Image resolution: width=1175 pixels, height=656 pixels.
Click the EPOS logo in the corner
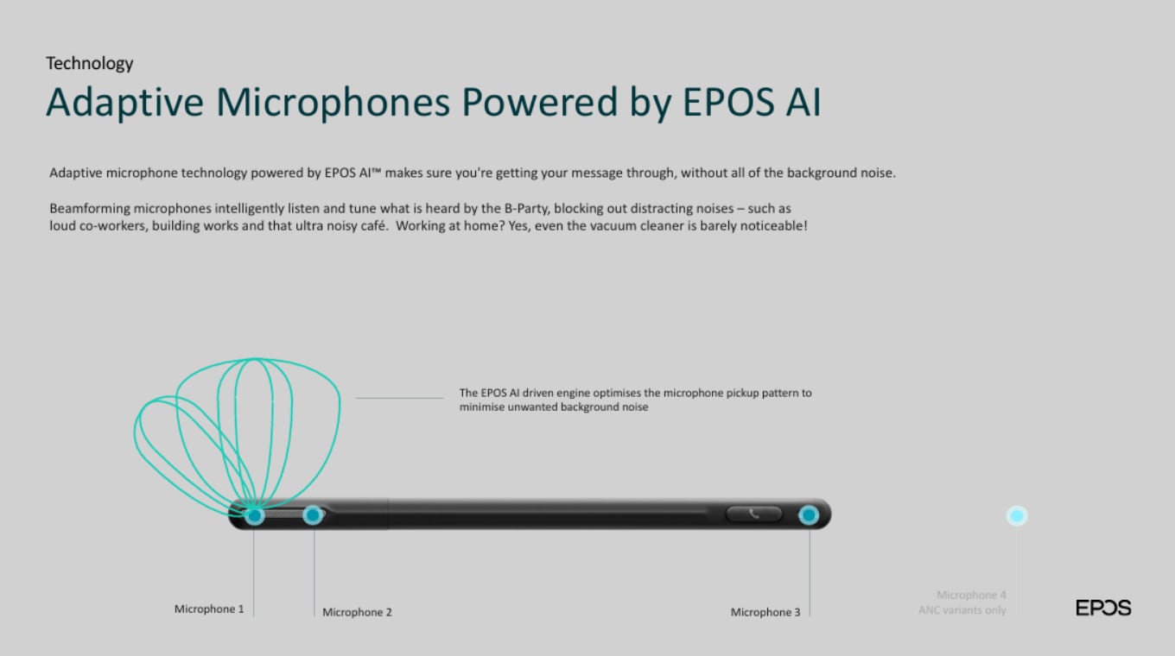click(x=1103, y=608)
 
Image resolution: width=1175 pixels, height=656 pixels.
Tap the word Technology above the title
click(x=89, y=63)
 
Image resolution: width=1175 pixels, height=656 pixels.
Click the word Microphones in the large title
click(x=333, y=102)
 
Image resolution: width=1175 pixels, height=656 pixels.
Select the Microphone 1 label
click(x=209, y=609)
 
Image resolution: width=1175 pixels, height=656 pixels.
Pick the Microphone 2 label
click(x=357, y=612)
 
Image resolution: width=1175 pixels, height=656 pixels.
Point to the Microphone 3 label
click(x=765, y=612)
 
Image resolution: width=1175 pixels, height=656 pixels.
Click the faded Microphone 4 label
click(x=971, y=595)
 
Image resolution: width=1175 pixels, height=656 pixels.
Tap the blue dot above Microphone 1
click(x=255, y=516)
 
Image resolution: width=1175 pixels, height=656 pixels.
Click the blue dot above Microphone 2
click(x=313, y=515)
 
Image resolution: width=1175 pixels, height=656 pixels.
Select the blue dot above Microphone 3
click(x=809, y=515)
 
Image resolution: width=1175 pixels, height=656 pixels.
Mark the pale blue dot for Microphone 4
click(x=1017, y=516)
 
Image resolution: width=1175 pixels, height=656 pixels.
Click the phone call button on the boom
click(x=753, y=514)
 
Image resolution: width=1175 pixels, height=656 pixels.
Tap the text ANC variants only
click(x=962, y=610)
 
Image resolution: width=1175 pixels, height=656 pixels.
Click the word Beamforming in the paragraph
click(x=90, y=209)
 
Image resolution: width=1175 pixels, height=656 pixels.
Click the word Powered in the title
click(x=540, y=102)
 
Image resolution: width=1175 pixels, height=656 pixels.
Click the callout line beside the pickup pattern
click(x=400, y=398)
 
